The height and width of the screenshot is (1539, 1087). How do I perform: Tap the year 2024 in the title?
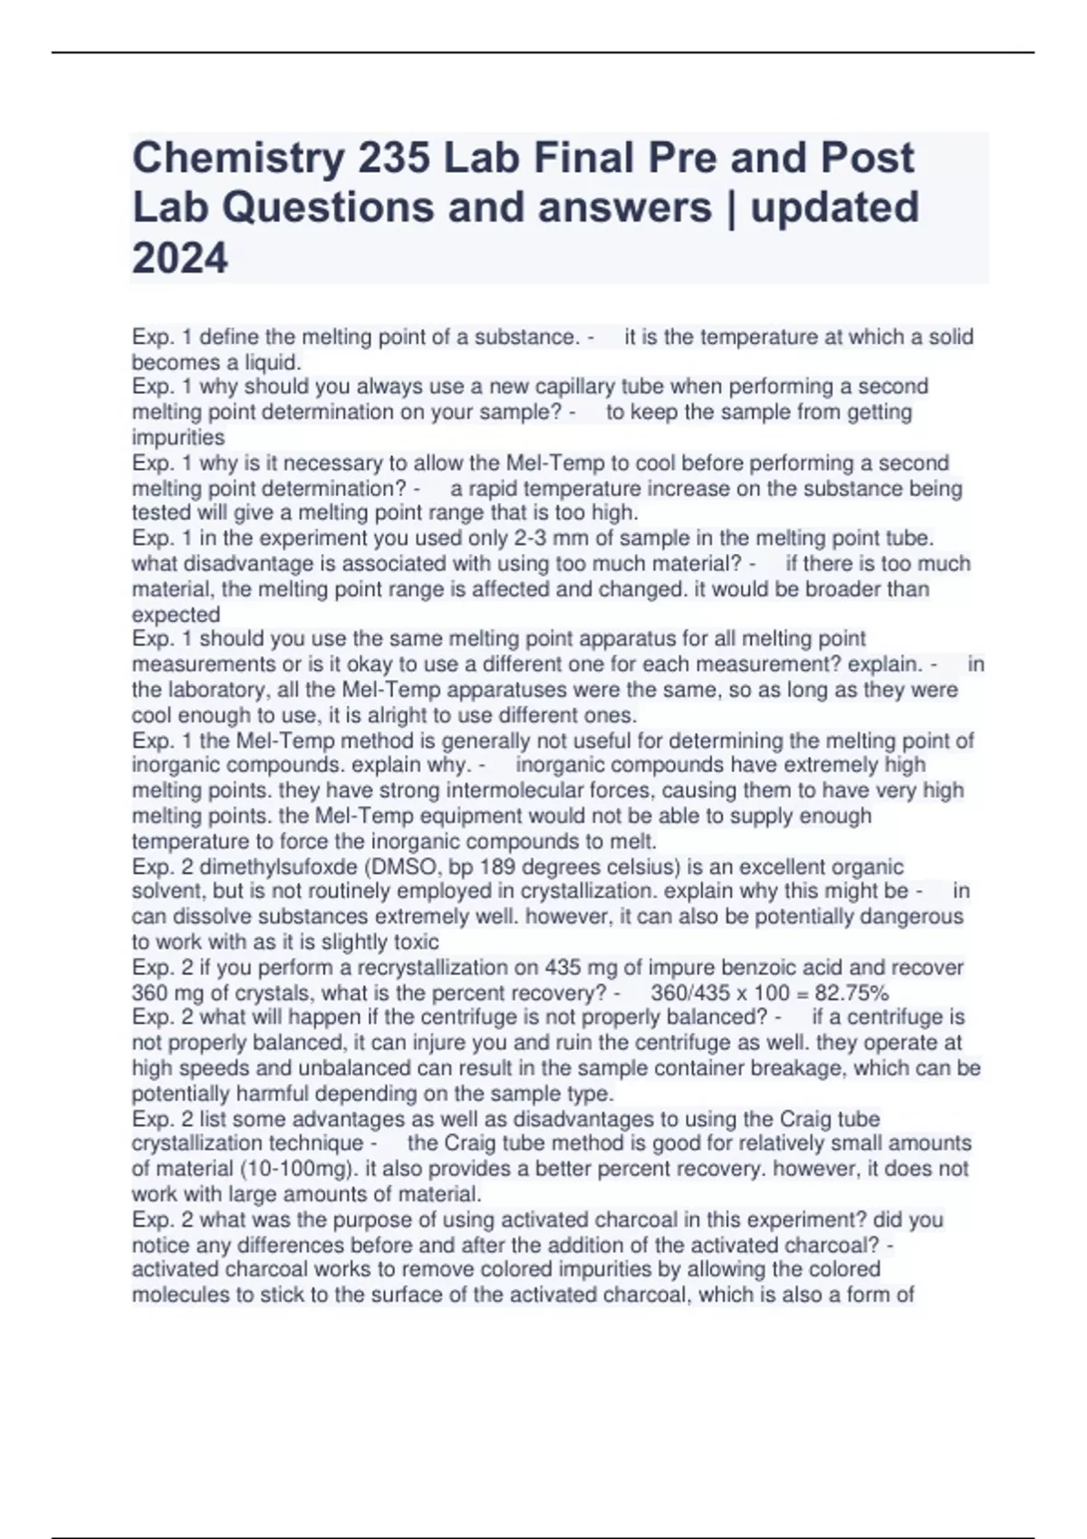180,259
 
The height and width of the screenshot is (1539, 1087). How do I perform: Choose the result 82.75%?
851,992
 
